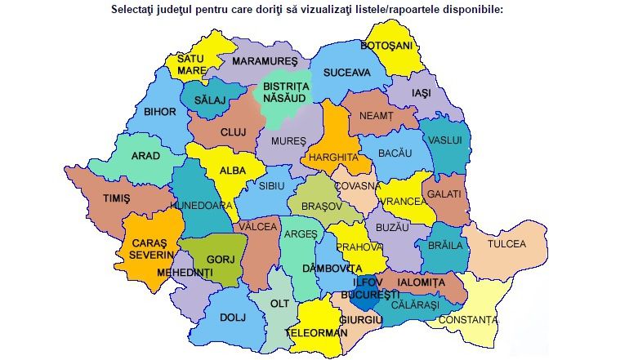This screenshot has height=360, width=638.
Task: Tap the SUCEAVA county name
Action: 346,73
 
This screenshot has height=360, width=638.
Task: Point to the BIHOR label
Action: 160,111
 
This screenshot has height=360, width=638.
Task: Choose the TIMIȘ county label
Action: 117,198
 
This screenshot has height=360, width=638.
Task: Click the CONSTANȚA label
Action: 467,319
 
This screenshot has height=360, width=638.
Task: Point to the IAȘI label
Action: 421,94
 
